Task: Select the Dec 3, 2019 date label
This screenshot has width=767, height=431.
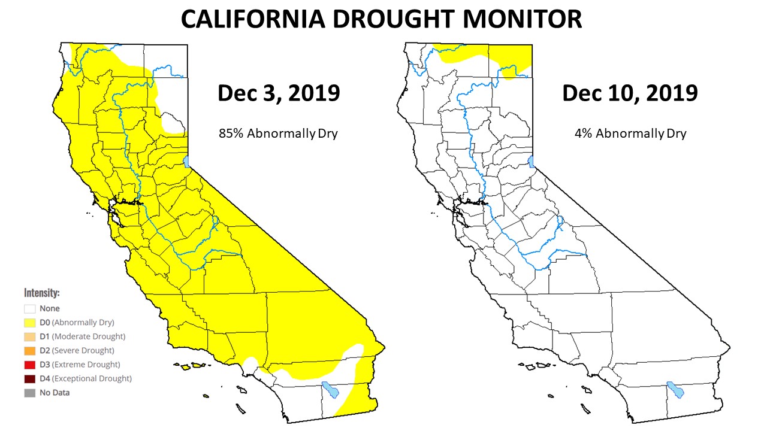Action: [278, 93]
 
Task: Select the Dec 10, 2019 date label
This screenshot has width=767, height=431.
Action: [629, 93]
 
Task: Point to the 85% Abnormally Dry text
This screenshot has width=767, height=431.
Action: [278, 133]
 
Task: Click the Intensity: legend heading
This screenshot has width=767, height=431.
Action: [41, 293]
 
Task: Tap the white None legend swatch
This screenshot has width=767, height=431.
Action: [29, 309]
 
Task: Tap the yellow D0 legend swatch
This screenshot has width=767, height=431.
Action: [29, 323]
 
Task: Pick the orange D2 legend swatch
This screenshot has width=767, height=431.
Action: [29, 351]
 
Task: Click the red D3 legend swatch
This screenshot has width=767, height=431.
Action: [29, 365]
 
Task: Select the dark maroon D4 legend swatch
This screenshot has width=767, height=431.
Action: [29, 379]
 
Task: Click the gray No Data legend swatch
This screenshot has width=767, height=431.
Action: [29, 393]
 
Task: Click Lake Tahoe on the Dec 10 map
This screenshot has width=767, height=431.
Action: [532, 161]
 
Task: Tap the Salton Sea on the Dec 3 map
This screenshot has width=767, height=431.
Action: [330, 390]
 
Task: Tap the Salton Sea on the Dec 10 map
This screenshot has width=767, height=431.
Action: [676, 390]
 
